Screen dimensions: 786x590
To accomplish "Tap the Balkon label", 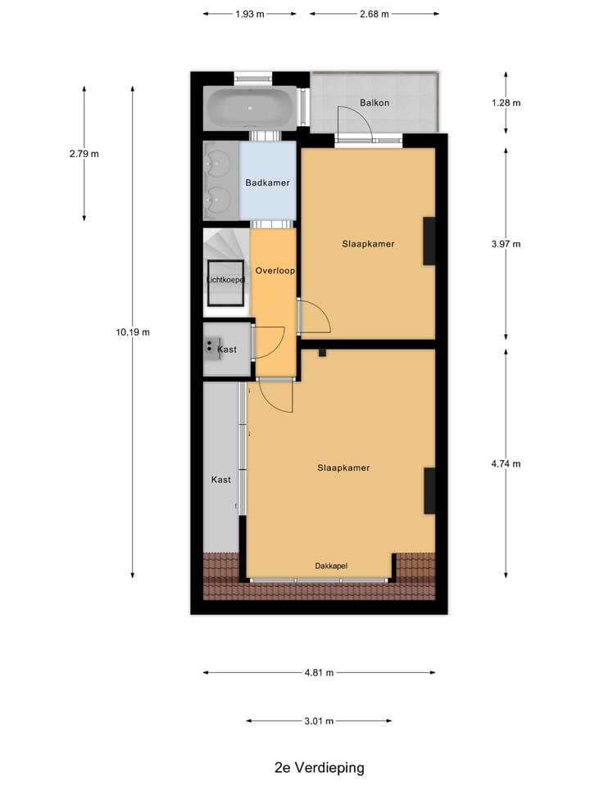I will [x=374, y=102].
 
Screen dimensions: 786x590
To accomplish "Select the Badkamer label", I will [x=267, y=183].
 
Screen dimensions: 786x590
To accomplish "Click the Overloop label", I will [x=275, y=270].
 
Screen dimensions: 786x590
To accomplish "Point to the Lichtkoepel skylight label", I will [x=225, y=281].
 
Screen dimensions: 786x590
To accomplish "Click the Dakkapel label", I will [x=332, y=566].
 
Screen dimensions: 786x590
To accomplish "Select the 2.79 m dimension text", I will [x=84, y=153].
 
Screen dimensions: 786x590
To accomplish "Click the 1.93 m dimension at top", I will [x=250, y=14].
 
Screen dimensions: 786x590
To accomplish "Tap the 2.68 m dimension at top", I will [x=374, y=14].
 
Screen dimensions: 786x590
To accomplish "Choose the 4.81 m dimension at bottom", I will [x=319, y=673].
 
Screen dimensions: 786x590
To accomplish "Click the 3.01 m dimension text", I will [x=319, y=721].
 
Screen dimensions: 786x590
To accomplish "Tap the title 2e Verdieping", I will [x=319, y=768].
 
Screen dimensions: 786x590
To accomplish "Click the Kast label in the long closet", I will [x=221, y=479].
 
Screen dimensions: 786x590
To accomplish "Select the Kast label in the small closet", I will [x=227, y=350].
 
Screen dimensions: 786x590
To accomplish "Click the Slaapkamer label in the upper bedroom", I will [x=368, y=243].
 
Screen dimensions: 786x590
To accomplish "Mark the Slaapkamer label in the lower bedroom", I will [x=343, y=468].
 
